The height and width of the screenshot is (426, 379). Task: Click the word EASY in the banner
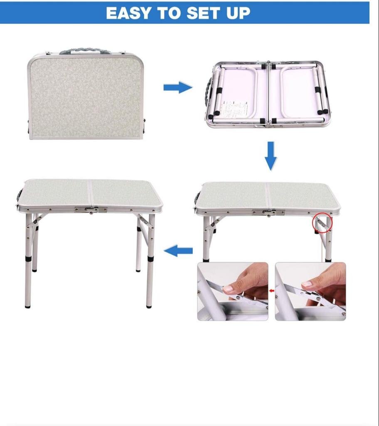[128, 13]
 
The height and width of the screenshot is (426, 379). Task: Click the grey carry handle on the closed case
[85, 51]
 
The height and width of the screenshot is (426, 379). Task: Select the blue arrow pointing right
[178, 87]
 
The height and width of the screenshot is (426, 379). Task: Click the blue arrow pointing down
[271, 156]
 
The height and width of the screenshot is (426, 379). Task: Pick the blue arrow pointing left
[178, 250]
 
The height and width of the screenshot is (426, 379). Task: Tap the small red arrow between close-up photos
[271, 291]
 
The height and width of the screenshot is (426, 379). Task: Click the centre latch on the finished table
[91, 210]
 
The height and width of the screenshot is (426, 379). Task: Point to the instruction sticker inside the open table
[234, 109]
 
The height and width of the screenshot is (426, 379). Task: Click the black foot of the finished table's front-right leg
[149, 306]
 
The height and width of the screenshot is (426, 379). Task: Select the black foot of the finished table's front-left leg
[28, 306]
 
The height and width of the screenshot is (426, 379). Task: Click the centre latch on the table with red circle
[268, 213]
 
